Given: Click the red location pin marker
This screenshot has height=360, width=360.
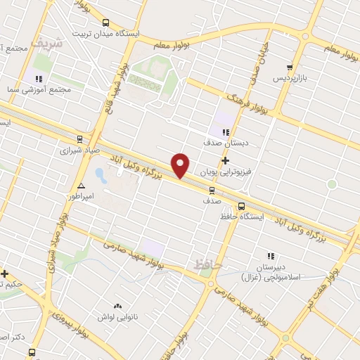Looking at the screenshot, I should point(181,165).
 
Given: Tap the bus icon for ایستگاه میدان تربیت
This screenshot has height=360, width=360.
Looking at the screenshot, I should point(106,22).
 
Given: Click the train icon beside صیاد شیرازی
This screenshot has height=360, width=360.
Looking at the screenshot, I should point(79,138).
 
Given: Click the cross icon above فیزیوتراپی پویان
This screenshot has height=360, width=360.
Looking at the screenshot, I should point(225,160).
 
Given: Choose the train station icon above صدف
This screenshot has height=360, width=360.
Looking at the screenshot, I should point(212,190).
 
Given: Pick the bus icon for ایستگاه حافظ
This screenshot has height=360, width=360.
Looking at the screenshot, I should point(242,206).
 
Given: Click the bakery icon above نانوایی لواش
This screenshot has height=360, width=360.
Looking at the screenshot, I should point(117,307).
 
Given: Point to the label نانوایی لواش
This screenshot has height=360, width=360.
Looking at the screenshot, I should point(115,318).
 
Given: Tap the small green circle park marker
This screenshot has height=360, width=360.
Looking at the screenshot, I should point(331,184).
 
